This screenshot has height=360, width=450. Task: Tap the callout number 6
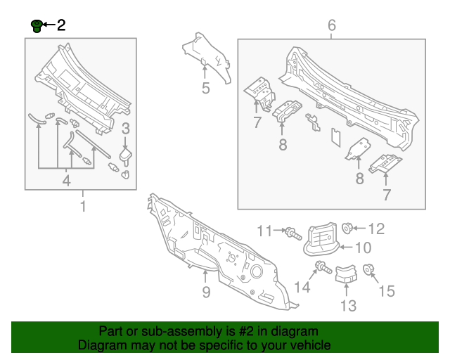332,26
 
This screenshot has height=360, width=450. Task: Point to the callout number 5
205,89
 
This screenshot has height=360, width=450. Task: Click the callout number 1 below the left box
83,207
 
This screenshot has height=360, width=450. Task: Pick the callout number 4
67,181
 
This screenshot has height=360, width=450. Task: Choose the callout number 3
126,128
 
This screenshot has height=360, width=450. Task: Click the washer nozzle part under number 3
127,154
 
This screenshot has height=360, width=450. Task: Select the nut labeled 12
347,228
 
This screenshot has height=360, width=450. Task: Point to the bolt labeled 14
322,267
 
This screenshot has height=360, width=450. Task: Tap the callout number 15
387,290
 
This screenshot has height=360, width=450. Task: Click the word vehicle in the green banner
307,345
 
